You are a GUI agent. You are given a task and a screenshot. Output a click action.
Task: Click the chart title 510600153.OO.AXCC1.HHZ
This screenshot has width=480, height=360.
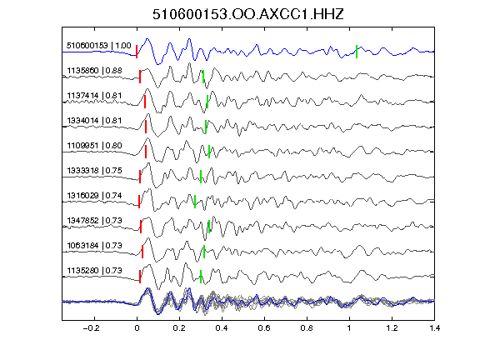coord(248,14)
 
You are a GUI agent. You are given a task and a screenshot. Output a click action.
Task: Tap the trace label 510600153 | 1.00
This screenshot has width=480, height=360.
coord(99,46)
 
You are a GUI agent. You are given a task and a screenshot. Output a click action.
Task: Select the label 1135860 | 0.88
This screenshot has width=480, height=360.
coord(95,71)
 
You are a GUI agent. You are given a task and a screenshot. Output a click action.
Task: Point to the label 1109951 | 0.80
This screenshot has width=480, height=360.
coord(95,145)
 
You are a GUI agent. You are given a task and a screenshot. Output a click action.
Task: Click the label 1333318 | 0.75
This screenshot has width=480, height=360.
coord(95,171)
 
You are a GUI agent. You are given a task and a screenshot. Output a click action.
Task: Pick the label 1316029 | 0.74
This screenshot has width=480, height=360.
coord(95,196)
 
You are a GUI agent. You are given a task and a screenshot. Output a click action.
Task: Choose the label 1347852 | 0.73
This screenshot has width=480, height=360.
coord(95,221)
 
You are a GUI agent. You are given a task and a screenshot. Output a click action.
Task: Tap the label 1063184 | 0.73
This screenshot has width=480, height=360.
coord(95,246)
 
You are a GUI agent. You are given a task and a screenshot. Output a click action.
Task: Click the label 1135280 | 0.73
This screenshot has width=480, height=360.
coord(95,271)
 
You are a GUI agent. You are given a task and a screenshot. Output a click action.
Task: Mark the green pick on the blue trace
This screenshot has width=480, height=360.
coord(357,52)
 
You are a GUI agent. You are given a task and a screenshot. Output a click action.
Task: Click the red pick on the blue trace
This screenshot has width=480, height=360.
coord(137,52)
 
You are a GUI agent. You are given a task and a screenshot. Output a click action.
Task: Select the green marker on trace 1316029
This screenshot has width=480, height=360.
coord(195,202)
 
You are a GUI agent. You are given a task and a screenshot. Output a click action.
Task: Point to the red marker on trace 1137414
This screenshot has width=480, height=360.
coord(145,102)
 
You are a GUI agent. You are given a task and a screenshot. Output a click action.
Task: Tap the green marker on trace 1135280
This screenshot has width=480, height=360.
coord(201,277)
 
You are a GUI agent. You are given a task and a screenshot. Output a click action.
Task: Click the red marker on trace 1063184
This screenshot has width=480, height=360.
coord(142,252)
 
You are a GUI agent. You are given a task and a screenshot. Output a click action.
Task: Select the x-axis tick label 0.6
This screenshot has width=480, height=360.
coord(264,328)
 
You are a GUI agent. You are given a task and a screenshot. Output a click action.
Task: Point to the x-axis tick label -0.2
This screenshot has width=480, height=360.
coord(92,328)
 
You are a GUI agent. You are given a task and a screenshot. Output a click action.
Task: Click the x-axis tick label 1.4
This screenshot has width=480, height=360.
coord(435,328)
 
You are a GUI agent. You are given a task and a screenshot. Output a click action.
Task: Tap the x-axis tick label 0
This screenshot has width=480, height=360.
coord(137,328)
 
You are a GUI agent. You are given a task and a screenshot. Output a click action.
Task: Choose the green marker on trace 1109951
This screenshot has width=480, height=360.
coord(209,152)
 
